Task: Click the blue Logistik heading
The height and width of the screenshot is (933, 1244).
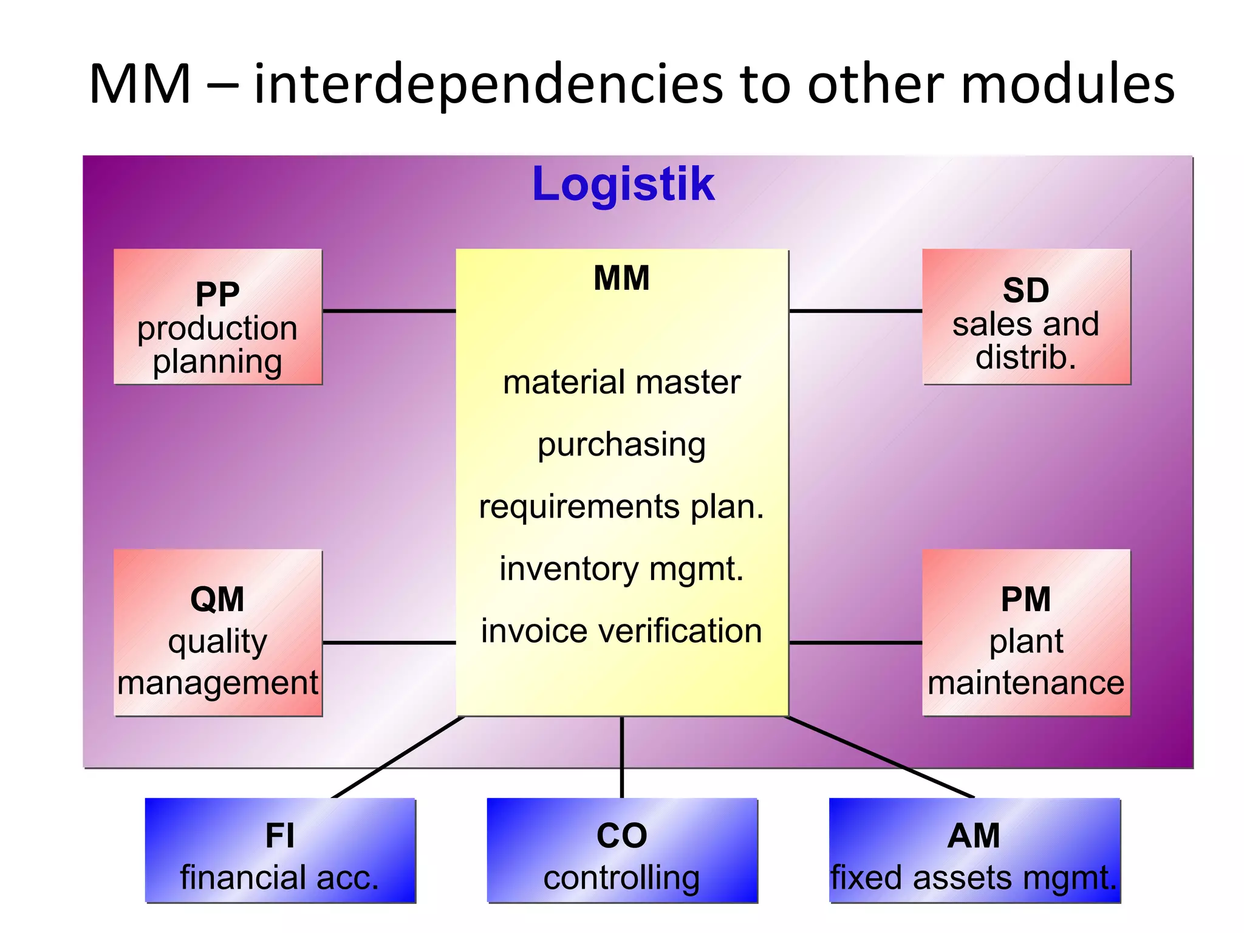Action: [x=623, y=183]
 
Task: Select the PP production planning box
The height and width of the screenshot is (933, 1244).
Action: [x=217, y=317]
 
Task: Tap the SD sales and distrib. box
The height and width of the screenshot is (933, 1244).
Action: [x=1026, y=317]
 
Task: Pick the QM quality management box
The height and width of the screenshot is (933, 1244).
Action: [x=217, y=633]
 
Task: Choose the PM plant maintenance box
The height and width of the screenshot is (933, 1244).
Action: [x=1026, y=633]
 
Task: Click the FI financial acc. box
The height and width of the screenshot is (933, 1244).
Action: [x=280, y=850]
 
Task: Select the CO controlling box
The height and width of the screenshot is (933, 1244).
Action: [x=622, y=850]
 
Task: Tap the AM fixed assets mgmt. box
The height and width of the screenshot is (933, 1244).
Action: [x=974, y=850]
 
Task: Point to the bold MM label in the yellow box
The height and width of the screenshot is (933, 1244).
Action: [x=621, y=279]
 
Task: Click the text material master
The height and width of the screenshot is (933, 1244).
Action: [x=621, y=383]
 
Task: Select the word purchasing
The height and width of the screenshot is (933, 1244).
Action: [x=621, y=445]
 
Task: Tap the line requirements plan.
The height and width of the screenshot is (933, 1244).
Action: [x=621, y=507]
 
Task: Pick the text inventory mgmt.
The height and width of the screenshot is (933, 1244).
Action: [x=621, y=570]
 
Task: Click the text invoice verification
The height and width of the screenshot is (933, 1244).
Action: [x=621, y=631]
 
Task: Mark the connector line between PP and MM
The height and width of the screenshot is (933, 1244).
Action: [x=389, y=311]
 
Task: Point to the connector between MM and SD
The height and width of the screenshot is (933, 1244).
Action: [x=855, y=311]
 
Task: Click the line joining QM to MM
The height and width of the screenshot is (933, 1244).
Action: [x=389, y=642]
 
